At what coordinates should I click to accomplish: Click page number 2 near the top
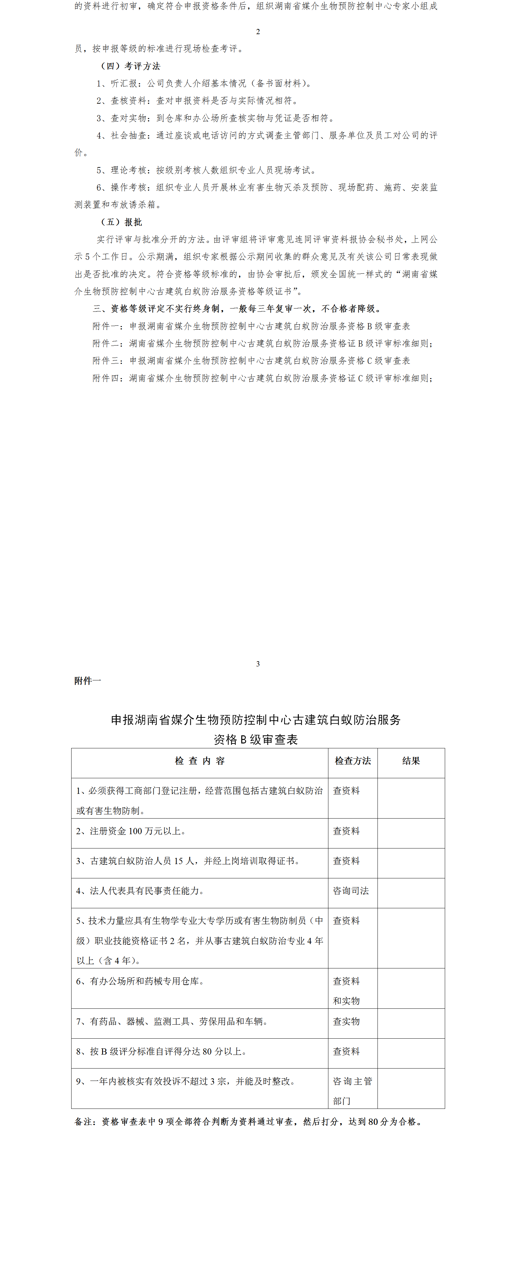tap(258, 32)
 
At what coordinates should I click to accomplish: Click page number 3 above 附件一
tap(258, 664)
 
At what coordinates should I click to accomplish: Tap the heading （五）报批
tap(121, 222)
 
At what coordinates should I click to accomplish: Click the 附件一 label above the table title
tap(87, 681)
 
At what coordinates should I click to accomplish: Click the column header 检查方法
tap(353, 761)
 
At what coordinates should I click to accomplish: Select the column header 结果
tap(411, 761)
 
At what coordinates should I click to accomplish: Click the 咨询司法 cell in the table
tap(351, 891)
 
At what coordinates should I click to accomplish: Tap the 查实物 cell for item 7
tap(346, 1022)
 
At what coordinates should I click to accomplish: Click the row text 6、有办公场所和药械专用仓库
tap(140, 981)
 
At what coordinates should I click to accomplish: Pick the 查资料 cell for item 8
tap(346, 1051)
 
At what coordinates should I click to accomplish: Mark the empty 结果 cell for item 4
tap(411, 893)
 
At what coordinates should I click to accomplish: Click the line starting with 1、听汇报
tap(204, 84)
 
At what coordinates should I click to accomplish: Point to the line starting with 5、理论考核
tap(206, 170)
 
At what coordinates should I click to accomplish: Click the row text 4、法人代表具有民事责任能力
tap(140, 891)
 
